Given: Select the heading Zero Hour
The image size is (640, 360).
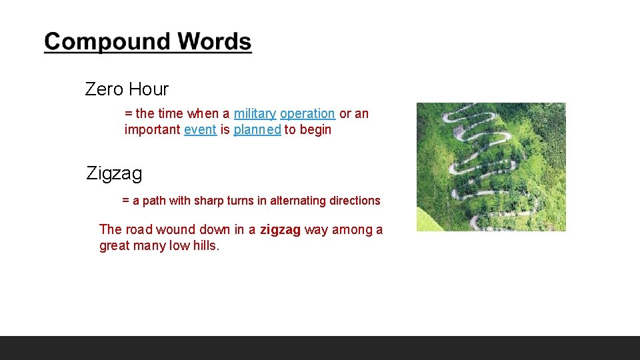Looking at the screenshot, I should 127,89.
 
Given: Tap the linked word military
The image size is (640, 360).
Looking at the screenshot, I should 255,114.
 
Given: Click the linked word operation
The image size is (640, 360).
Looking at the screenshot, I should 307,114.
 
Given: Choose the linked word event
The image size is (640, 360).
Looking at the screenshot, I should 200,130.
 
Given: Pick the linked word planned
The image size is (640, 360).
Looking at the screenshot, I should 257,130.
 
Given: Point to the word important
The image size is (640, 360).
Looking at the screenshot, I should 152,130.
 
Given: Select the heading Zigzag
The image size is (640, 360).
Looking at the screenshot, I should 114,174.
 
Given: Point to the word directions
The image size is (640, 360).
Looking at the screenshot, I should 355,201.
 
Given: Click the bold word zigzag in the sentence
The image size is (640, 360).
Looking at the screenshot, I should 280,230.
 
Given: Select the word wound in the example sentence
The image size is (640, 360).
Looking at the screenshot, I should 175,230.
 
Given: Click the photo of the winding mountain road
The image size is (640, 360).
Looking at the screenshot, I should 491,167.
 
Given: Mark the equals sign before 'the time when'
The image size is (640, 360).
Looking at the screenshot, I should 129,114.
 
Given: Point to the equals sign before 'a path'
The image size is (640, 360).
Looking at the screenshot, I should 126,201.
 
